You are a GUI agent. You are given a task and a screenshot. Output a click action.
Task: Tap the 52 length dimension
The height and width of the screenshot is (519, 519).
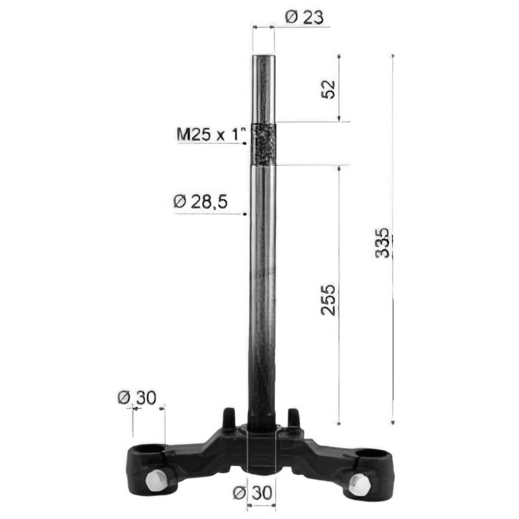[x=329, y=89]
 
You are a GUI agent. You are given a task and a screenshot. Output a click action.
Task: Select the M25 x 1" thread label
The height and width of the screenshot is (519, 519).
[x=211, y=134]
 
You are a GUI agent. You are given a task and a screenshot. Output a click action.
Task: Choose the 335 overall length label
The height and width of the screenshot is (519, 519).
[x=382, y=243]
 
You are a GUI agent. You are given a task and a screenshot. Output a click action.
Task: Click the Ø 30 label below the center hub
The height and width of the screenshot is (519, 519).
[x=254, y=493]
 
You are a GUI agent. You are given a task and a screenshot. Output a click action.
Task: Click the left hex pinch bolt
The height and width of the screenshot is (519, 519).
[x=156, y=480]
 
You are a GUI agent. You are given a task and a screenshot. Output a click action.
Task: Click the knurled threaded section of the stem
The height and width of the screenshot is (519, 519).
[x=263, y=144]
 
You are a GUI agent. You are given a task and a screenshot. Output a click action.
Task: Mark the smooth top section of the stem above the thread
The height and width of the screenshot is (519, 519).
[x=264, y=89]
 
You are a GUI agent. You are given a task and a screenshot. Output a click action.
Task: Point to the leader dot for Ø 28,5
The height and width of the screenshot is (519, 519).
[x=245, y=214]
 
